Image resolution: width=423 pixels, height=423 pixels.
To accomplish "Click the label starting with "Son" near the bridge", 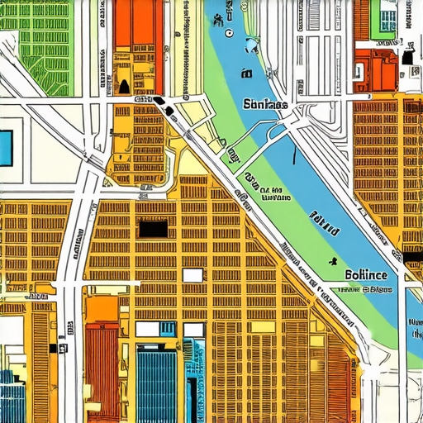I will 265,105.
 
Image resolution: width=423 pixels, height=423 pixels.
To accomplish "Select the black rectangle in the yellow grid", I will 154,227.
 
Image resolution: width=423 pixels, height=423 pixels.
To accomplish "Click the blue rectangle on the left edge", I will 6,147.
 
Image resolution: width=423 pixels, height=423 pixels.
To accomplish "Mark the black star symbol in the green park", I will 332,261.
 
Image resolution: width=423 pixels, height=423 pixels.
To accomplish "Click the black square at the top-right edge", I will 409,57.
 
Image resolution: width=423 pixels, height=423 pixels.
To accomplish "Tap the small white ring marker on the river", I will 229,34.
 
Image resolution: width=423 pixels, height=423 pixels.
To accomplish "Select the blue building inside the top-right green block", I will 389,18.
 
